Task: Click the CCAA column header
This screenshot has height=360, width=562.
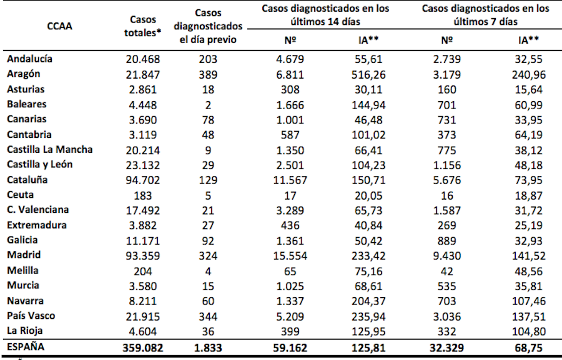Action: [59, 27]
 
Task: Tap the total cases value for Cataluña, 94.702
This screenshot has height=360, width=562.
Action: [143, 180]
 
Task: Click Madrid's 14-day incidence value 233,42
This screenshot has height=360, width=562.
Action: [368, 255]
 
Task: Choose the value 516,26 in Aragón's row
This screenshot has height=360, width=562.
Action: [368, 74]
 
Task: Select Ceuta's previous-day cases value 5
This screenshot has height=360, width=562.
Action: [209, 195]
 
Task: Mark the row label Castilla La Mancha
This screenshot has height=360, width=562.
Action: [50, 150]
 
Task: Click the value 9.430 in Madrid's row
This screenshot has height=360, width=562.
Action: [446, 255]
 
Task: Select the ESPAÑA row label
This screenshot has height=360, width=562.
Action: [27, 347]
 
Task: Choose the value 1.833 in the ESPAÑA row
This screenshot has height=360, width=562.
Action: [209, 347]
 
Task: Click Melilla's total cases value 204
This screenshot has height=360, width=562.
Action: [143, 270]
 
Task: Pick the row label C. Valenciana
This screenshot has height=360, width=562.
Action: [39, 210]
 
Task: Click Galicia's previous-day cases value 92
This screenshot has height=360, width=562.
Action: [209, 240]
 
